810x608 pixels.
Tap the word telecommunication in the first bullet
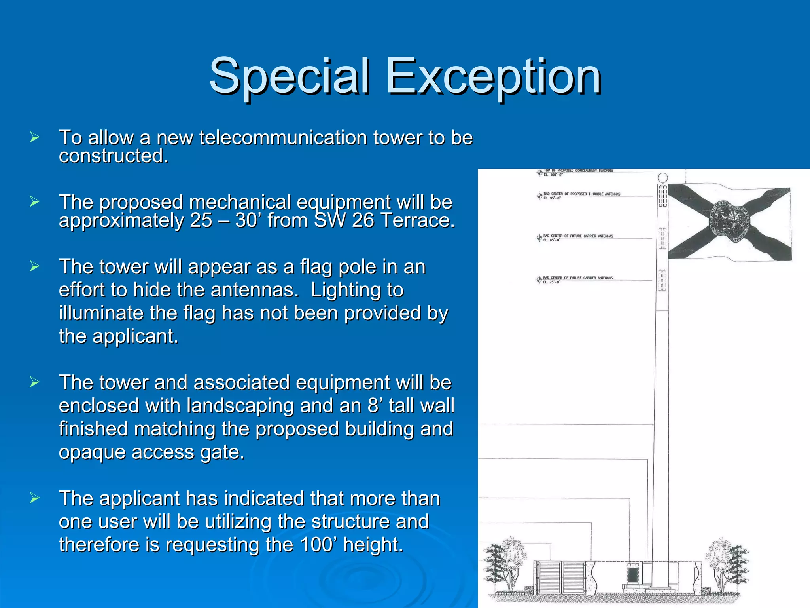pos(283,138)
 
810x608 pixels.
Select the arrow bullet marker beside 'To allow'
pos(34,138)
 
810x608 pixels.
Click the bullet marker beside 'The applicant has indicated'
pos(34,498)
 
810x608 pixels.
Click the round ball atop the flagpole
pos(662,177)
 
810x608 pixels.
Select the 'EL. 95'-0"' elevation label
pos(552,198)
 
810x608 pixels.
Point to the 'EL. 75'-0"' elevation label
pos(551,282)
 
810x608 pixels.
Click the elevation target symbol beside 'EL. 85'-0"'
pos(539,237)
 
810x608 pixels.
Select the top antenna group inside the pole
pos(662,196)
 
